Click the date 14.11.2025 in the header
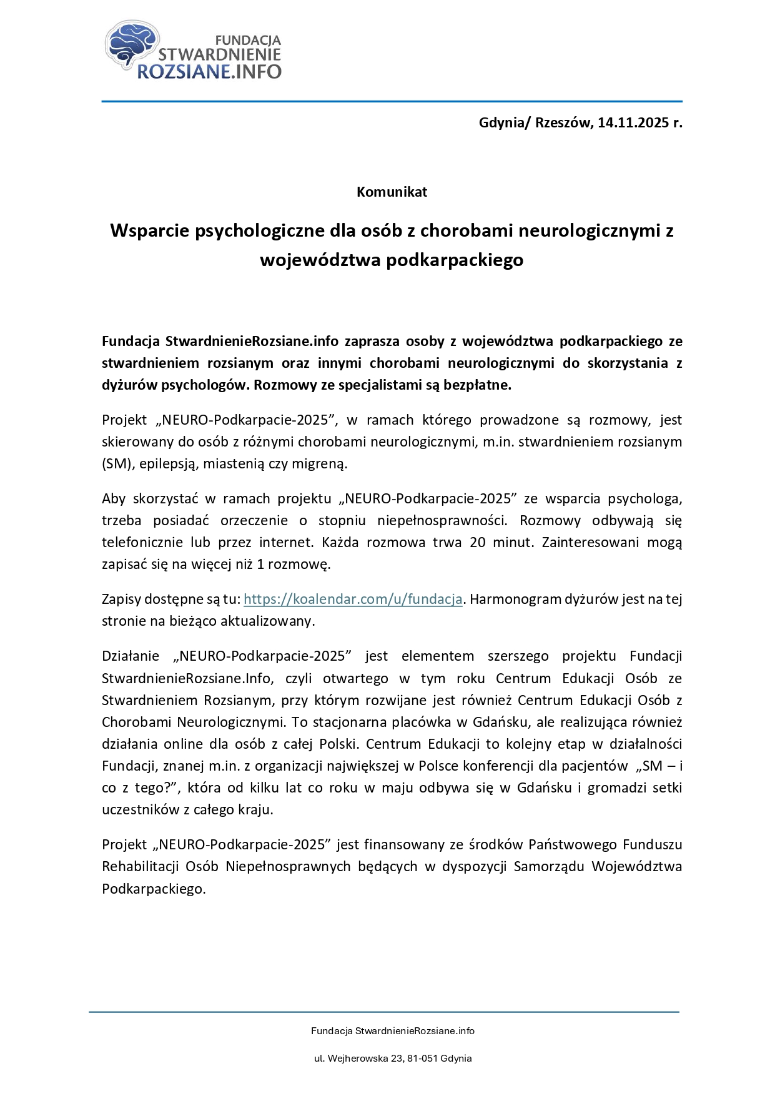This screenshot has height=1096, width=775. click(x=632, y=122)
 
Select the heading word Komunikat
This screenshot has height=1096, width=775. click(x=392, y=192)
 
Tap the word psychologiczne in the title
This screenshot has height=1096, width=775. click(x=263, y=230)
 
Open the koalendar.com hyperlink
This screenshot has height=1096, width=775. click(x=353, y=599)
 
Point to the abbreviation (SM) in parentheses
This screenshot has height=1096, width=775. click(x=116, y=463)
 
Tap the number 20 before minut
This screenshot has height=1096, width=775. click(x=478, y=542)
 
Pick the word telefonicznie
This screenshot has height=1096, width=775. click(x=142, y=542)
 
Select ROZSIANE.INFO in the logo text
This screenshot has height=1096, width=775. click(x=209, y=71)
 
